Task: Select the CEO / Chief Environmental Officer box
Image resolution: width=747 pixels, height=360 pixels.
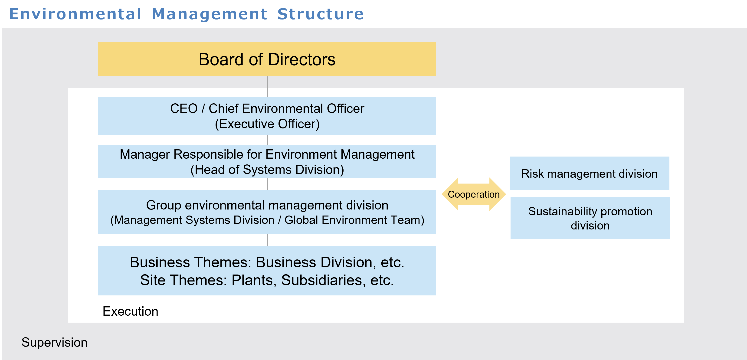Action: coord(267,116)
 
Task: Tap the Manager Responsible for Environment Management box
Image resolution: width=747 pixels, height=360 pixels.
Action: coord(267,161)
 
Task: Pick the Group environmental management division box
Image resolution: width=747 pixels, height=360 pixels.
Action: coord(267,212)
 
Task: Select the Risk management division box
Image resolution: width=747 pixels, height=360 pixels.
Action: coord(590,173)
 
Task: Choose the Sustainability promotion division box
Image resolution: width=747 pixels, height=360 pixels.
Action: coord(590,218)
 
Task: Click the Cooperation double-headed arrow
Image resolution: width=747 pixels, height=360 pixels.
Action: coord(474,194)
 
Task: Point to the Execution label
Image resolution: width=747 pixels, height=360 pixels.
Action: coord(131,311)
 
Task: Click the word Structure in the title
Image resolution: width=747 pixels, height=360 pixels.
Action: coord(321,14)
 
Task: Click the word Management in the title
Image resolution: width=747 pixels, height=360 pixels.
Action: coord(209,14)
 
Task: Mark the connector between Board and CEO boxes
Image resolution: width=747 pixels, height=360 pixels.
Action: coord(267,87)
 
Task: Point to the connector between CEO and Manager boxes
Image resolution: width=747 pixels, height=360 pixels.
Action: coord(267,140)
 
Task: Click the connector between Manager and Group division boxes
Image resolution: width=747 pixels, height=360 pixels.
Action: coord(267,184)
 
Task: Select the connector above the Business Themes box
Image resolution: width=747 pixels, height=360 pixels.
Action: coord(267,240)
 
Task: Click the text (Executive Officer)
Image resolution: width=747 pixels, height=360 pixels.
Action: coord(267,124)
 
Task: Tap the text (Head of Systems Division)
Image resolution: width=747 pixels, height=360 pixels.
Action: coord(267,170)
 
